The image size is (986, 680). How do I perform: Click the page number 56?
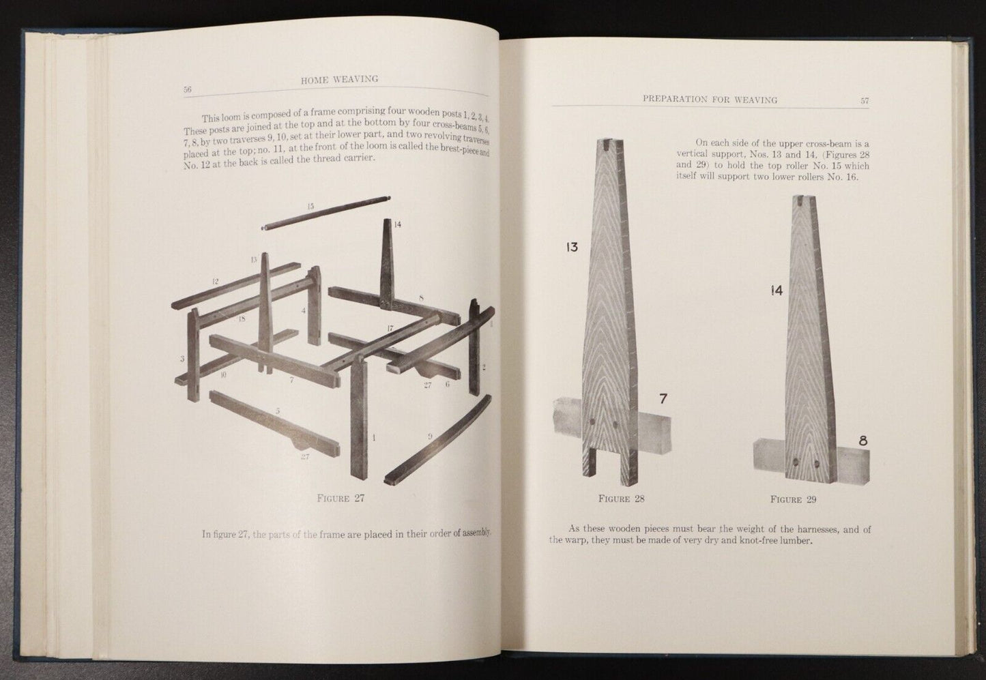pos(188,89)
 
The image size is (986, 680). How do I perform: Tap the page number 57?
pos(864,100)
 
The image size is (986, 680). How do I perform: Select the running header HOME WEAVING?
pos(339,80)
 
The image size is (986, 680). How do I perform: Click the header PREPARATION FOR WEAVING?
pos(710,100)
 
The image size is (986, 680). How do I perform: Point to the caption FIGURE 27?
pos(341,498)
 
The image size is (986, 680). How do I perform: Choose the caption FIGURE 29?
pos(793,499)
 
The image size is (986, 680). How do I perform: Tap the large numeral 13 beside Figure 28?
pos(571,247)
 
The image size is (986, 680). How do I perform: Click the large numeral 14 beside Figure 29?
pos(776,291)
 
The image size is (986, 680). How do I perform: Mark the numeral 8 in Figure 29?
pos(862,441)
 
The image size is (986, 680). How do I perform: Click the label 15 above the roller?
pos(310,206)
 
